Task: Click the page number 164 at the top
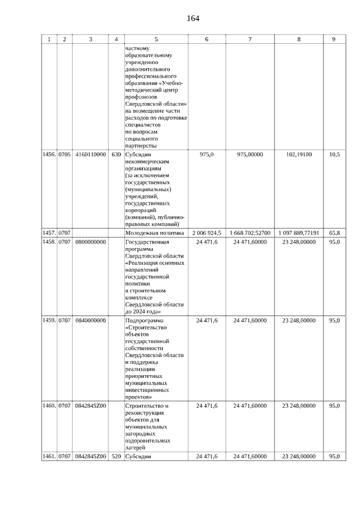pos(193,19)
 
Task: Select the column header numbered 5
pos(156,39)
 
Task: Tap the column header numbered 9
pos(334,39)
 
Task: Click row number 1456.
pos(49,154)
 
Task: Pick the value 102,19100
pos(299,154)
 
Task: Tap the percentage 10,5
pos(334,154)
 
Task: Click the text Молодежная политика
pos(155,233)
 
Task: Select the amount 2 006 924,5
pos(206,233)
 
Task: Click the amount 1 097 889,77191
pos(299,233)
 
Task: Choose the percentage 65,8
pos(334,233)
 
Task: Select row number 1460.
pos(49,406)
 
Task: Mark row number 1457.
pos(49,233)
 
